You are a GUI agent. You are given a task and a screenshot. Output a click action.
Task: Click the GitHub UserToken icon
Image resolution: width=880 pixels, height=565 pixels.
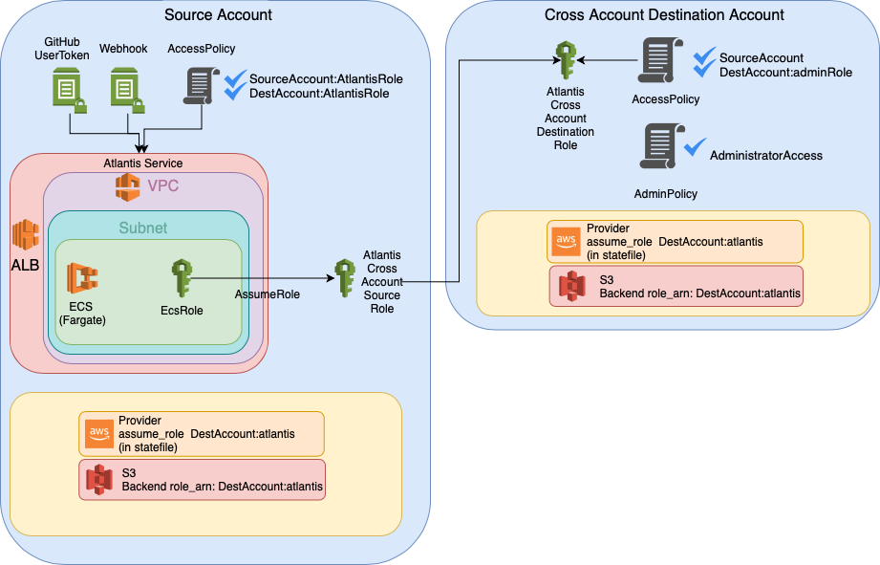tap(70, 91)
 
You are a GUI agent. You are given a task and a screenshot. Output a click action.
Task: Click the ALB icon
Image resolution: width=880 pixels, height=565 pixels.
tap(25, 236)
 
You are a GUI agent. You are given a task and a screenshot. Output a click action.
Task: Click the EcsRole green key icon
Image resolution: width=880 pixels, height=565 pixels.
tap(181, 278)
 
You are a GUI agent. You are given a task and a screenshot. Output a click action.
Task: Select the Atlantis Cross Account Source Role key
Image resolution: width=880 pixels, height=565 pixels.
tap(345, 281)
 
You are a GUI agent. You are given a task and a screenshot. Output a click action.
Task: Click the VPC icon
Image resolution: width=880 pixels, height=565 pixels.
tap(128, 187)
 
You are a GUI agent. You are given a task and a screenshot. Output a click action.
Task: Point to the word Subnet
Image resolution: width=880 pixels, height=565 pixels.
tap(142, 228)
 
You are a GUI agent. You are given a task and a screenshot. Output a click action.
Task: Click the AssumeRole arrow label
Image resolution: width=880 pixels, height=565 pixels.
tap(267, 294)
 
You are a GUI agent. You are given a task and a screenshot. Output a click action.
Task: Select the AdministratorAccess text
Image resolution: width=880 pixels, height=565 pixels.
tap(766, 155)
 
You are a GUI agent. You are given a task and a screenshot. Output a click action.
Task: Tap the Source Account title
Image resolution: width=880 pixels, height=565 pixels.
tap(218, 15)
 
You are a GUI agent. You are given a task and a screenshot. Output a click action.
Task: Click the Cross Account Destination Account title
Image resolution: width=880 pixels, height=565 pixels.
tap(664, 15)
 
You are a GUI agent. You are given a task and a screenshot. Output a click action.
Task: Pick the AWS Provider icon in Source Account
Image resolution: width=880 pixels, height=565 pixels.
tap(99, 433)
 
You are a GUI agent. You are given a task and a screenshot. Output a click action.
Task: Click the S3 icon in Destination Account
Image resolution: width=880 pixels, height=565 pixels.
tap(571, 286)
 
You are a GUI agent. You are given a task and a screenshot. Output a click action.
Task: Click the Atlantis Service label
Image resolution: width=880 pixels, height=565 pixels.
tap(142, 163)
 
